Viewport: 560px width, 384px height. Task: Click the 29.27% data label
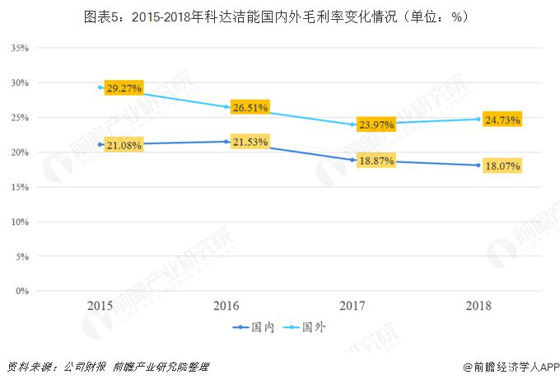(125, 87)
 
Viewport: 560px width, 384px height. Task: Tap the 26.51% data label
(252, 107)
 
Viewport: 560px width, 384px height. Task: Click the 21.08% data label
(125, 146)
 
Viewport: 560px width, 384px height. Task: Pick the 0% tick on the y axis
(22, 291)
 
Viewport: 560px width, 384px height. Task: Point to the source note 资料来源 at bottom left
(107, 368)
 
